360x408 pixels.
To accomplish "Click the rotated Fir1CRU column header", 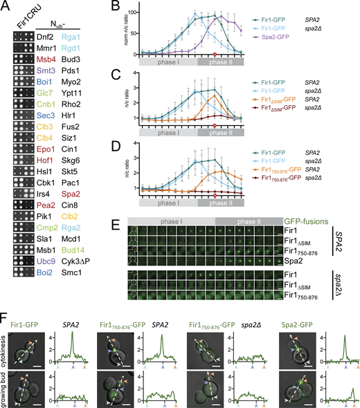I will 17,20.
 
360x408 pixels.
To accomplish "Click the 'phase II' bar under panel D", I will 221,206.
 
